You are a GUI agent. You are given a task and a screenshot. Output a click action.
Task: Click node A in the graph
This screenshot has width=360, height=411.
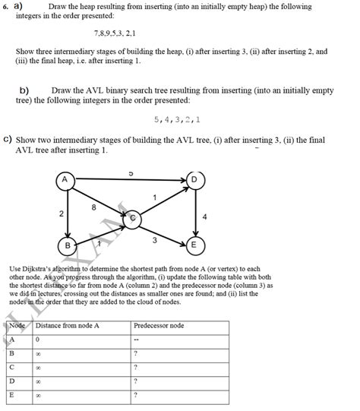point(65,180)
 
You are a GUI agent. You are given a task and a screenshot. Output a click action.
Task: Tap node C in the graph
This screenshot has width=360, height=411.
point(132,218)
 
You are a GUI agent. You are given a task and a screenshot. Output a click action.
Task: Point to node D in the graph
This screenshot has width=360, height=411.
point(194,180)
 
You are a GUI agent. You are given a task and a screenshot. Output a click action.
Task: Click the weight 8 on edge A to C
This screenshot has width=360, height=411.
point(93,207)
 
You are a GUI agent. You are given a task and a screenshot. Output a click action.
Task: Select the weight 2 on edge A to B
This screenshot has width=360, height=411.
point(60,214)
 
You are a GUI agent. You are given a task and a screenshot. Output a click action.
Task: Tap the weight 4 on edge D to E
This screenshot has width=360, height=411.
point(204,217)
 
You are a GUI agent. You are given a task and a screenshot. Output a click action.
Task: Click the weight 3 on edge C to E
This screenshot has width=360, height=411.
point(154,240)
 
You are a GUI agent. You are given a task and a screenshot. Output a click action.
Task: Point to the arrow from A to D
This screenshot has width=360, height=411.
point(129,180)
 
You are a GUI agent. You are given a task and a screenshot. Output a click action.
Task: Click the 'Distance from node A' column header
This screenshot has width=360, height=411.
point(68,325)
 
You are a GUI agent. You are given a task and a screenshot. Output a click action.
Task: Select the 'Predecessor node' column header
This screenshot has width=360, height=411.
point(158,325)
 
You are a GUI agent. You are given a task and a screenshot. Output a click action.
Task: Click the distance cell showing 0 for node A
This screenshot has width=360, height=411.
point(37,339)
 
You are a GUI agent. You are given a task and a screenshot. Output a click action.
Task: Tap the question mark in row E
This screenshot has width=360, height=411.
point(135,395)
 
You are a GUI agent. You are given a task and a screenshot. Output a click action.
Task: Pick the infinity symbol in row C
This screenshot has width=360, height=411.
point(38,367)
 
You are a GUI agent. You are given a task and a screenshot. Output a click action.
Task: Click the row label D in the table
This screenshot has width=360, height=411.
point(12,381)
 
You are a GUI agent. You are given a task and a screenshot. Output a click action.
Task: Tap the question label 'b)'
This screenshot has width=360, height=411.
point(24,90)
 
